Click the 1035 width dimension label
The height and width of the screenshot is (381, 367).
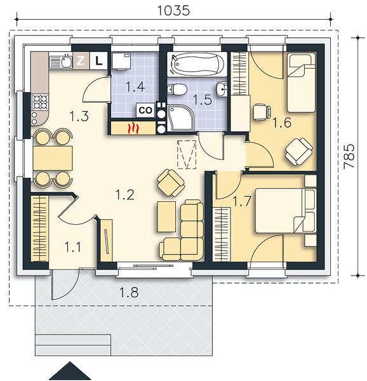click(173, 11)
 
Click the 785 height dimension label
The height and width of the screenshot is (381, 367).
click(349, 156)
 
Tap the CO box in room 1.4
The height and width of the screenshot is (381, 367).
click(145, 110)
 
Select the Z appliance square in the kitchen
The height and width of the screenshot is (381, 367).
click(81, 60)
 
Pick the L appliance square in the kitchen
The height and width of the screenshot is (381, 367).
click(98, 60)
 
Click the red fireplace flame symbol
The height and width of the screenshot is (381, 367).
click(133, 128)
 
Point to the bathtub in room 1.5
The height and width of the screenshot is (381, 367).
click(197, 64)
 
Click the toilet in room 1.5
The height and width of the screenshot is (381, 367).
click(177, 89)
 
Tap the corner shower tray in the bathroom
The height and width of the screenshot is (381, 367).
click(180, 118)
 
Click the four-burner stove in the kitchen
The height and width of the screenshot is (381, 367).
click(40, 102)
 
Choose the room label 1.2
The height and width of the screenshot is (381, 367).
click(124, 195)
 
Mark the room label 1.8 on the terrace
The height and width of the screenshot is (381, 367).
click(130, 292)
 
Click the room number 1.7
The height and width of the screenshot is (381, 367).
click(242, 201)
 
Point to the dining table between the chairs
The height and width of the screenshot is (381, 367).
click(53, 158)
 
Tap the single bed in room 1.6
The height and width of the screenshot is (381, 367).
click(302, 83)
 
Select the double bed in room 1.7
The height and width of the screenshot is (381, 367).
click(286, 210)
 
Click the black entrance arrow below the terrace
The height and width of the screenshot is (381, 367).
click(70, 371)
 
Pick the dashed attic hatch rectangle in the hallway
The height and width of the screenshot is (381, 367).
click(187, 154)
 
